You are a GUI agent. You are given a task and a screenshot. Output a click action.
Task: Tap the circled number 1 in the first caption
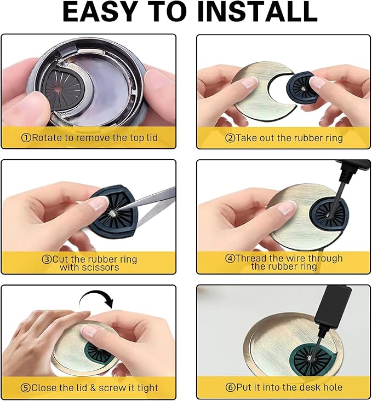[x=26, y=138]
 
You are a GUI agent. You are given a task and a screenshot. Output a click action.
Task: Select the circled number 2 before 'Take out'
[x=230, y=138]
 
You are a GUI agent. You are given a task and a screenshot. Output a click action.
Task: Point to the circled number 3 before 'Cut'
[x=47, y=259]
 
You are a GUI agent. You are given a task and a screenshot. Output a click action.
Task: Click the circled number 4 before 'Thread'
[x=230, y=258]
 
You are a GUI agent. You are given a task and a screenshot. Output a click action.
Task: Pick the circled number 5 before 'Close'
[x=26, y=388]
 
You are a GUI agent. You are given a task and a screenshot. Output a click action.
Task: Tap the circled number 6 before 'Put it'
[x=230, y=387]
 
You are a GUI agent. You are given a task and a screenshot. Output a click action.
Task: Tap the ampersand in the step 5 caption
[x=93, y=388]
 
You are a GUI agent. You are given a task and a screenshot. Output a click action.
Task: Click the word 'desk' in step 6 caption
[x=301, y=387]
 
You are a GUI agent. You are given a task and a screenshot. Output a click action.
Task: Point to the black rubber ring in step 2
[x=300, y=86]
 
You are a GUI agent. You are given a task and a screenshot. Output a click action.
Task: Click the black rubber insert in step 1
[x=62, y=88]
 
